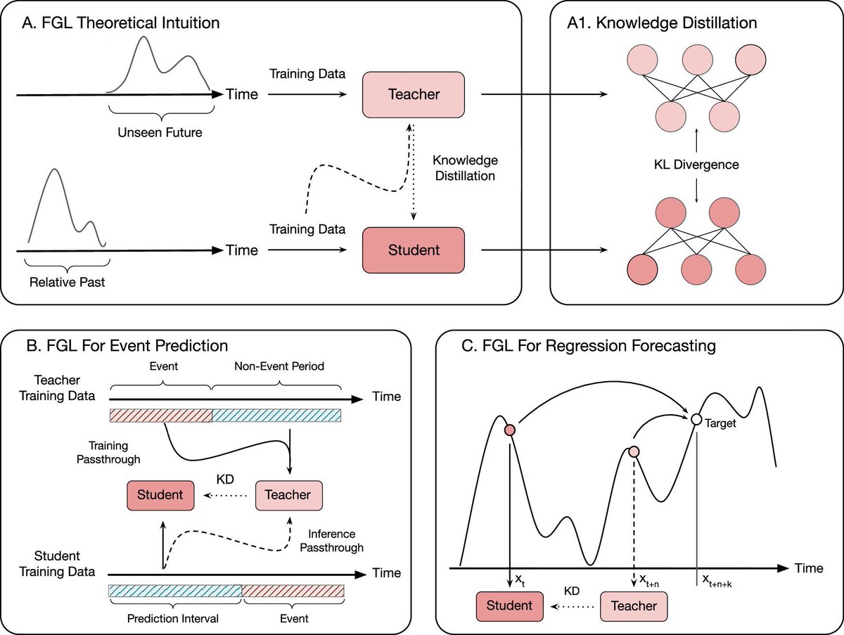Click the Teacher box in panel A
[x=414, y=94]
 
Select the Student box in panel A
[x=414, y=250]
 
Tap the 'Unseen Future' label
[x=160, y=132]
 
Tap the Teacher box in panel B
[x=288, y=494]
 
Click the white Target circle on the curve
[x=696, y=419]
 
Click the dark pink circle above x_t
[x=509, y=430]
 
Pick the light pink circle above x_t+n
[x=634, y=451]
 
